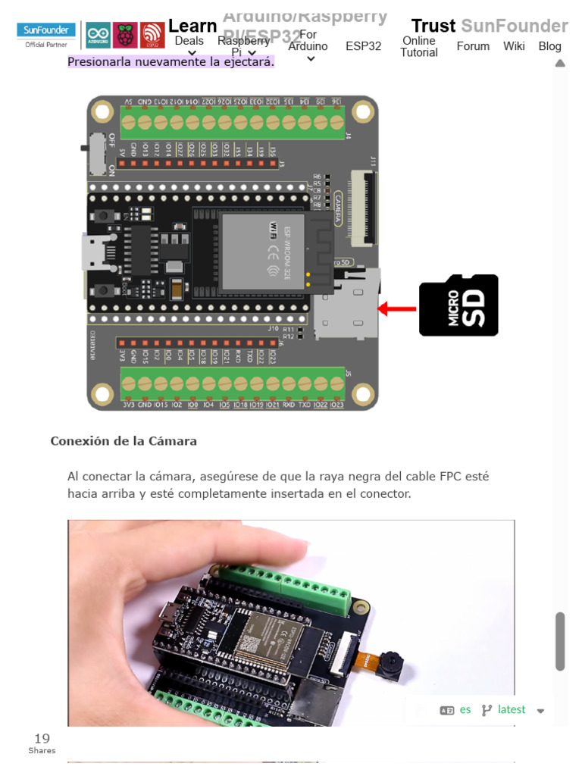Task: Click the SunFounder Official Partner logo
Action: tap(47, 34)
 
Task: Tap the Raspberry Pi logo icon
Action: tap(125, 35)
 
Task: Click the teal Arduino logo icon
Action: tap(98, 35)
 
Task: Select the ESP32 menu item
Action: tap(363, 46)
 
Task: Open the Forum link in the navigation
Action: tap(473, 46)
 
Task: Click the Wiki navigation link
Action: tap(513, 46)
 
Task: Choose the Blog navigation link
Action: tap(549, 46)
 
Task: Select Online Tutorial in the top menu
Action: tap(419, 46)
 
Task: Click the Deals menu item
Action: tap(189, 41)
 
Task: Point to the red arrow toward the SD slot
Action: tap(398, 308)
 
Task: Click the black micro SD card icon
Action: tap(458, 305)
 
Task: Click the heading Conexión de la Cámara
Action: tap(124, 441)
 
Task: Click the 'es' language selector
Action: tap(465, 710)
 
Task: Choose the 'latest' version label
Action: tap(512, 710)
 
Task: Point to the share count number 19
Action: tap(42, 738)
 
